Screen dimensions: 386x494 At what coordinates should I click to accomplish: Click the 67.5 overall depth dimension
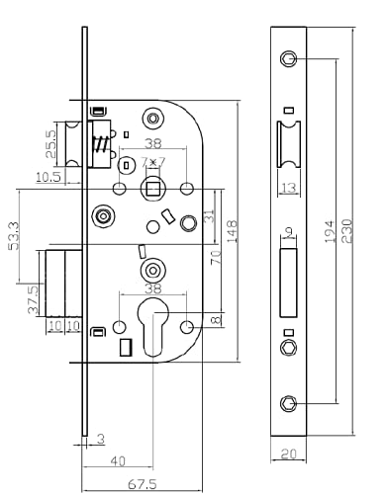tap(143, 484)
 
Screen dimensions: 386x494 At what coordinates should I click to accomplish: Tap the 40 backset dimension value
tap(118, 461)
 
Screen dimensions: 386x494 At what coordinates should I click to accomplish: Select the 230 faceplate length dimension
tap(347, 231)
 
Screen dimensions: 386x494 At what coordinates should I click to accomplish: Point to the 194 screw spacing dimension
tap(330, 231)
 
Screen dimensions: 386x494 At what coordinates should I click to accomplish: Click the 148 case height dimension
tap(232, 231)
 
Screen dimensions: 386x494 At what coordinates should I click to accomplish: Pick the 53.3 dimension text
tap(14, 236)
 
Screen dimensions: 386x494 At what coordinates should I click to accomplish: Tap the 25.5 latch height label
tap(51, 144)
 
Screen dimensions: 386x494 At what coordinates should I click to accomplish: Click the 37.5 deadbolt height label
tap(34, 299)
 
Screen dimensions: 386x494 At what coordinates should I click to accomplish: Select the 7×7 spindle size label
tap(153, 162)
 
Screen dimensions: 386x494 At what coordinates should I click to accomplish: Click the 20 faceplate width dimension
tap(289, 453)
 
